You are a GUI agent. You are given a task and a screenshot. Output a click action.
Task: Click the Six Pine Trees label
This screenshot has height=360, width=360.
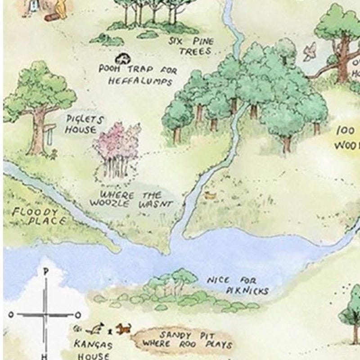point(192,46)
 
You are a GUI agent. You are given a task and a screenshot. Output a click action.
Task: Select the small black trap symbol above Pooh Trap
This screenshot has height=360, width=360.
point(121,58)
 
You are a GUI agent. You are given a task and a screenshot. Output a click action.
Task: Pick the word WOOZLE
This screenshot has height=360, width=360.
point(108,203)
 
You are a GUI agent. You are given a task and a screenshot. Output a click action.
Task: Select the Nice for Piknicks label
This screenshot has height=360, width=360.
point(238,285)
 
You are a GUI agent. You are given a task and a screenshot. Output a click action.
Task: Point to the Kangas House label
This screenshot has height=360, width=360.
point(93,350)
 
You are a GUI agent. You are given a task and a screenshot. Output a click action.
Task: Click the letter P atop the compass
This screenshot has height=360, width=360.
point(45,272)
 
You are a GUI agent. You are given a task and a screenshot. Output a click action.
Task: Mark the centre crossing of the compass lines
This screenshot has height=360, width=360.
point(45,315)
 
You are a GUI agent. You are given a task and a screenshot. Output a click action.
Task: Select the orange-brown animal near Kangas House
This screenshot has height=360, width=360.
point(123,328)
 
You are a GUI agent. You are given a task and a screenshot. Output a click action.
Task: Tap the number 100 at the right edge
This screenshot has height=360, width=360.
point(346,131)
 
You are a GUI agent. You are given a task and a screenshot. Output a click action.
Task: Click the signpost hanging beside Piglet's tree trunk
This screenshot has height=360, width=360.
point(47,133)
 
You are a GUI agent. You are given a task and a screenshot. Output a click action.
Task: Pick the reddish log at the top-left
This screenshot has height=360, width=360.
point(51,17)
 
